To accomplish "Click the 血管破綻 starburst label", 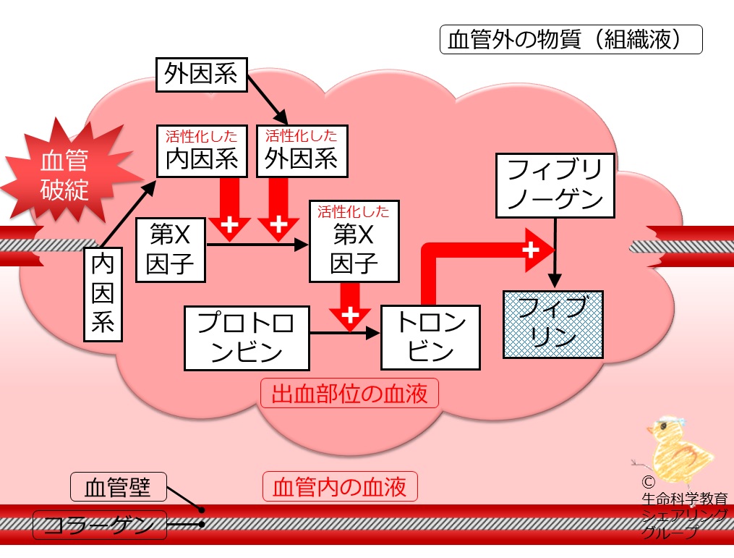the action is (x=64, y=174).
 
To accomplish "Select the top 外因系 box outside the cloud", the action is (x=201, y=75).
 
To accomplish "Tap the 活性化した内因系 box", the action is (x=202, y=151).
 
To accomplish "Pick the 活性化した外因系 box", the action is (x=302, y=151).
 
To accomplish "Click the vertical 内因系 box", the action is (x=103, y=295).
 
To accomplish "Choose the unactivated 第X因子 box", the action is (x=171, y=250).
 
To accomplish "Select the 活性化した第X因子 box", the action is (x=354, y=241).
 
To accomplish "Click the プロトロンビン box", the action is (x=247, y=338).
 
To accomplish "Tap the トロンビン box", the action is (x=431, y=337).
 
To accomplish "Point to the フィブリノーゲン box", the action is (x=555, y=185).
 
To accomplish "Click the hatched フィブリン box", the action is (x=552, y=325).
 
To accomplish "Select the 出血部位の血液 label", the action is (x=349, y=393).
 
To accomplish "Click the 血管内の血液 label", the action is (x=340, y=486).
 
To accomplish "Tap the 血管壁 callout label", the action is (x=119, y=487).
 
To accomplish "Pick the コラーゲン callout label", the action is (x=100, y=525).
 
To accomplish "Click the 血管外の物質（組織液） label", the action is (x=571, y=39).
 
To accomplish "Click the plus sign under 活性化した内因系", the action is (x=229, y=224).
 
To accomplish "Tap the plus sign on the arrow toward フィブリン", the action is (x=530, y=250).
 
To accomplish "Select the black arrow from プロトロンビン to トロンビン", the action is (x=345, y=333).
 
